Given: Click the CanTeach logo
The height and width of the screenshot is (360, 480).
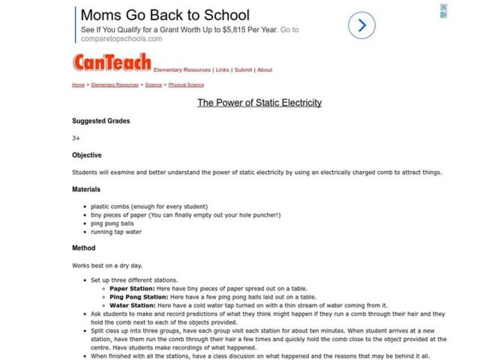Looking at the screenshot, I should [112, 62].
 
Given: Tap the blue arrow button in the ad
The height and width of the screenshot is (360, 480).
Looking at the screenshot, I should [362, 26].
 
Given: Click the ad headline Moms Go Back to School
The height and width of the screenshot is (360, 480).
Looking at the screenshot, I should [165, 15].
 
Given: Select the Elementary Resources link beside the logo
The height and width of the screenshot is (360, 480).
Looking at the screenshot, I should [182, 70].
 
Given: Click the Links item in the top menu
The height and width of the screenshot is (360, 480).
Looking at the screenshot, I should [223, 70].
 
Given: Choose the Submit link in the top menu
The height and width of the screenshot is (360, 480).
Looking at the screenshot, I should [243, 70].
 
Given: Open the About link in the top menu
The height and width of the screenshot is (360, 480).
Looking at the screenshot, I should [265, 70].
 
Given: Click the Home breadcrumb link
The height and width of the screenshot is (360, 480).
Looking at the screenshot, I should [79, 85].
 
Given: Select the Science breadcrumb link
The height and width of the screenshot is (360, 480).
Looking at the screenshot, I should [154, 85].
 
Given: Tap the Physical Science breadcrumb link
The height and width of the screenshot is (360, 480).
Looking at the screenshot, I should [186, 85].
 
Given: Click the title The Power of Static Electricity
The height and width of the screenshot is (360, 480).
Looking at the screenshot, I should [259, 103].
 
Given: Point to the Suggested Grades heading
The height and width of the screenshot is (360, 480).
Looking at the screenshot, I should [101, 121].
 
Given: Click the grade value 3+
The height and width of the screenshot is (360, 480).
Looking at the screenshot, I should [76, 138].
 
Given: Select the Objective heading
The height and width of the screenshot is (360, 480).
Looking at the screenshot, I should [87, 155].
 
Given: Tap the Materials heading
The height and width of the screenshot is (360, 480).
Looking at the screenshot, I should [86, 190].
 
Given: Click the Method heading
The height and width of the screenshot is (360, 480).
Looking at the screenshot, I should [84, 248].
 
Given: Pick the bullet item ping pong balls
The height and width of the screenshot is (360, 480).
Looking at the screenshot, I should [113, 223].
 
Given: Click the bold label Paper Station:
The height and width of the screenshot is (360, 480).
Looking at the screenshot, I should [132, 288].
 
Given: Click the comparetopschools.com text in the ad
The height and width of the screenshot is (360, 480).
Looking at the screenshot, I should [122, 39].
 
